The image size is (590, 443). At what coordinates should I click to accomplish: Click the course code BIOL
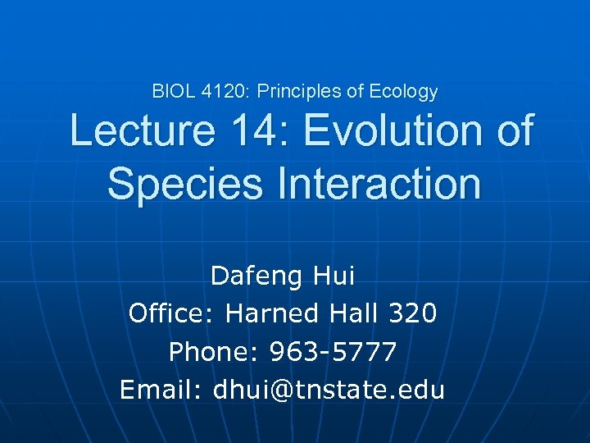pos(171,92)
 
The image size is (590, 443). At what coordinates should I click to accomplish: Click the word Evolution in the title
pos(397,131)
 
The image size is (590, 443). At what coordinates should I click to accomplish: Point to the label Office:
pos(173,313)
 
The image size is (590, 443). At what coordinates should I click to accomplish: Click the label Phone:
pos(204,352)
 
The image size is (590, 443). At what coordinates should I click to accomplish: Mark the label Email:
pos(161,390)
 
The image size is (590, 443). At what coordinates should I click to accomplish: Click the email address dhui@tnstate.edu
pos(329,390)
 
